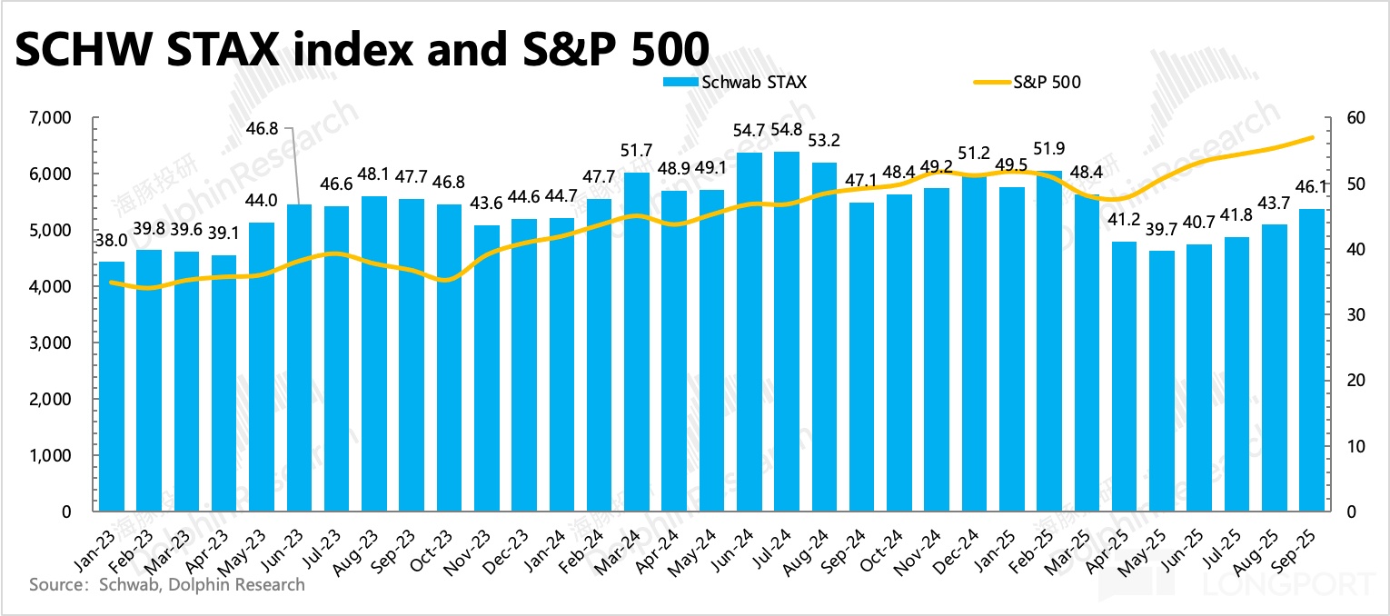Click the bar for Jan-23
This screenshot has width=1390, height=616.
coord(112,386)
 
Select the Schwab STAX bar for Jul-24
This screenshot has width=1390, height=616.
coord(787,332)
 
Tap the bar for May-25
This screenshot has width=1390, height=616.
coord(1161,381)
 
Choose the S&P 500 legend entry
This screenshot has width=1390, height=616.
coord(1027,82)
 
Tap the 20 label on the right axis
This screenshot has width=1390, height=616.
coord(1347,381)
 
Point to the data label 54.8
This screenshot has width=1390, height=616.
coord(787,130)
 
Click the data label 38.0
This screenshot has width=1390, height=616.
coord(112,243)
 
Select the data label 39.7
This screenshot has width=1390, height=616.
coord(1161,232)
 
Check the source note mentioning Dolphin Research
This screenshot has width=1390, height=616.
coord(167,584)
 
